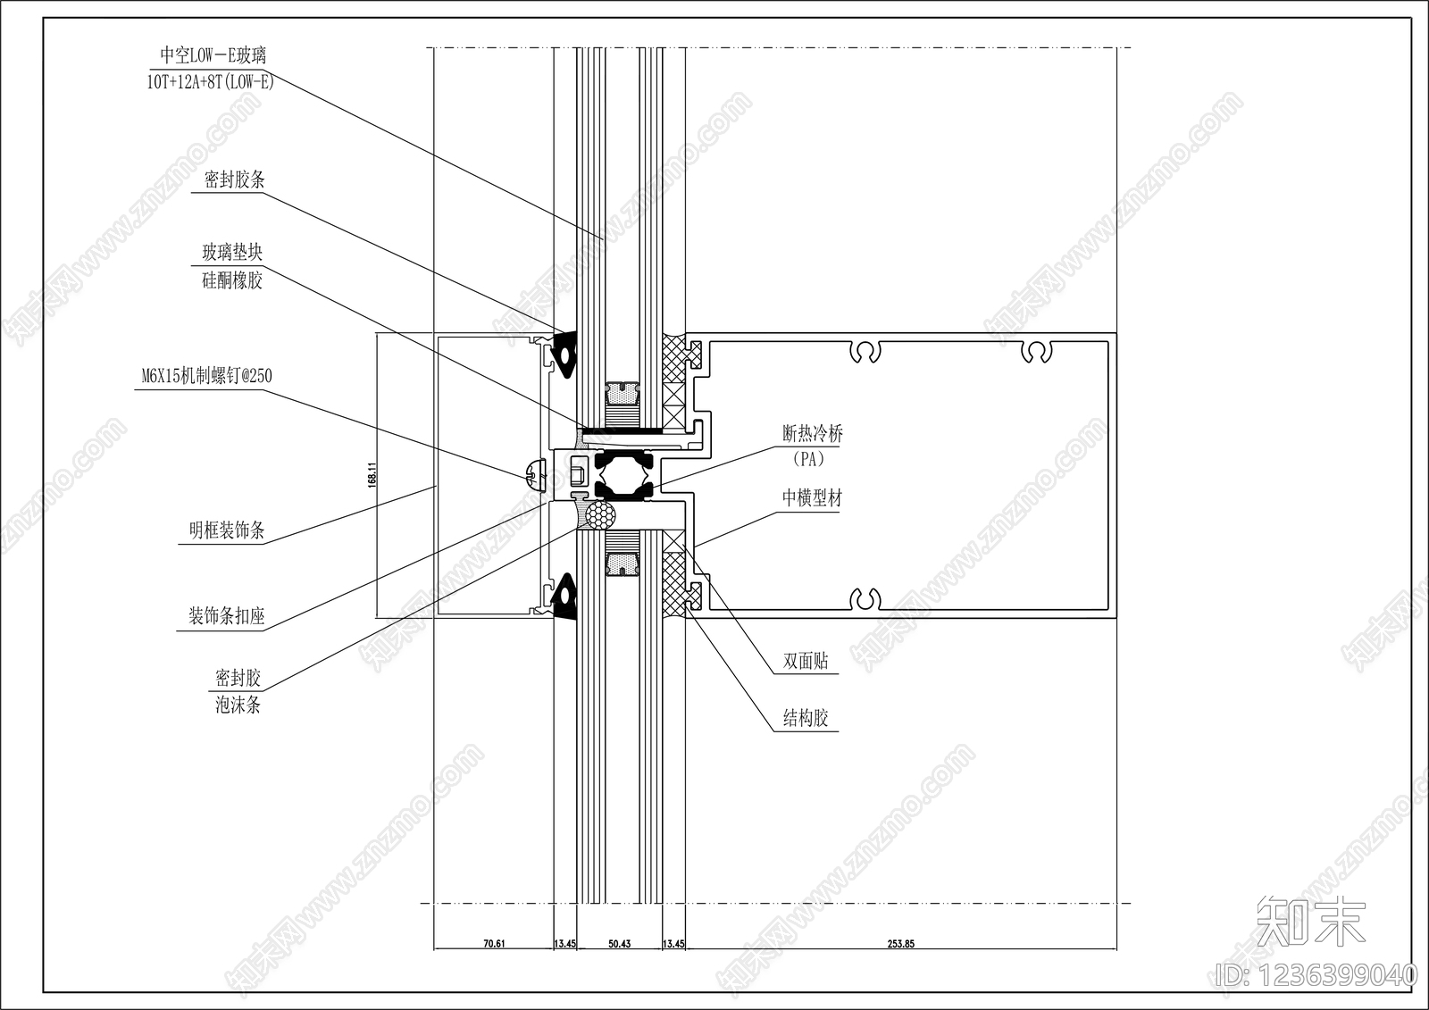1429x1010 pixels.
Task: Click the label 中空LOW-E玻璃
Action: coord(213,55)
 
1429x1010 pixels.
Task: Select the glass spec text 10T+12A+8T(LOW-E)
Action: coord(211,81)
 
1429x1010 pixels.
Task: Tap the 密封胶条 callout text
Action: coord(234,179)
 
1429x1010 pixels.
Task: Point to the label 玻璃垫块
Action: coord(232,253)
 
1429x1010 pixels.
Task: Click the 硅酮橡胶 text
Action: coord(232,280)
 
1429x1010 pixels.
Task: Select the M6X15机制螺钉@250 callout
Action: coord(206,376)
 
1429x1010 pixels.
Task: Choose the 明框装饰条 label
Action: coord(227,530)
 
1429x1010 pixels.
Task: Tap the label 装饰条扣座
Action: coord(227,615)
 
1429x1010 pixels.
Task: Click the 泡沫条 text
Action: coord(238,705)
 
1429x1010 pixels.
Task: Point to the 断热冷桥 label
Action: coord(813,434)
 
